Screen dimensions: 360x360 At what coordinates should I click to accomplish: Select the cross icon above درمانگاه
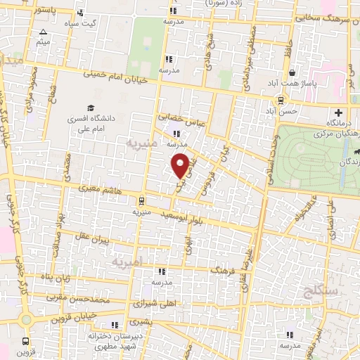[x=340, y=113]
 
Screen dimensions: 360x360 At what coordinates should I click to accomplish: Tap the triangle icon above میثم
[x=44, y=32]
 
